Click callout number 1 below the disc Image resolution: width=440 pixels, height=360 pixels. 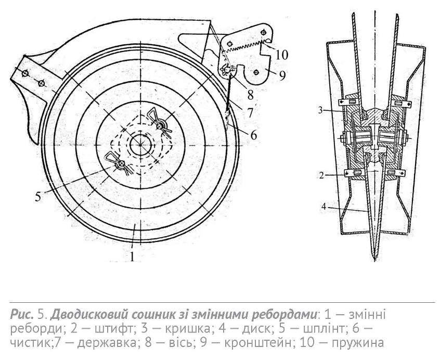[132, 256]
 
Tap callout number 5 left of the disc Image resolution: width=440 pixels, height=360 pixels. [38, 197]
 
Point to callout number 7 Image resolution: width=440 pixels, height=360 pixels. [250, 112]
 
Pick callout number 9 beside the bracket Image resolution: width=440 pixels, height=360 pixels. [282, 75]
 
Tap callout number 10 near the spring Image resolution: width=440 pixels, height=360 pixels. [282, 55]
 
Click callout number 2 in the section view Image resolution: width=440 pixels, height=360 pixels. [321, 175]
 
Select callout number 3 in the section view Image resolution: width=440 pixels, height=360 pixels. [321, 110]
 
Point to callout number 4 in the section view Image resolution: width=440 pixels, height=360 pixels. [324, 207]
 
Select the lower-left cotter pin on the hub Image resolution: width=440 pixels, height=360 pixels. [119, 162]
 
